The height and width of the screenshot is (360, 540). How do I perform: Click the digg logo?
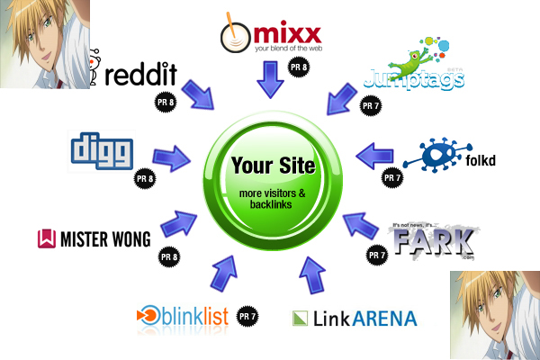(101, 150)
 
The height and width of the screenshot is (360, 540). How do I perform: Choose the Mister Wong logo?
(94, 238)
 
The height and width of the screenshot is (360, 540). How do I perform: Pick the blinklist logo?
(180, 317)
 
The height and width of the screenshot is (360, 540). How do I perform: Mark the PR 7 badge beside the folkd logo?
(392, 178)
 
